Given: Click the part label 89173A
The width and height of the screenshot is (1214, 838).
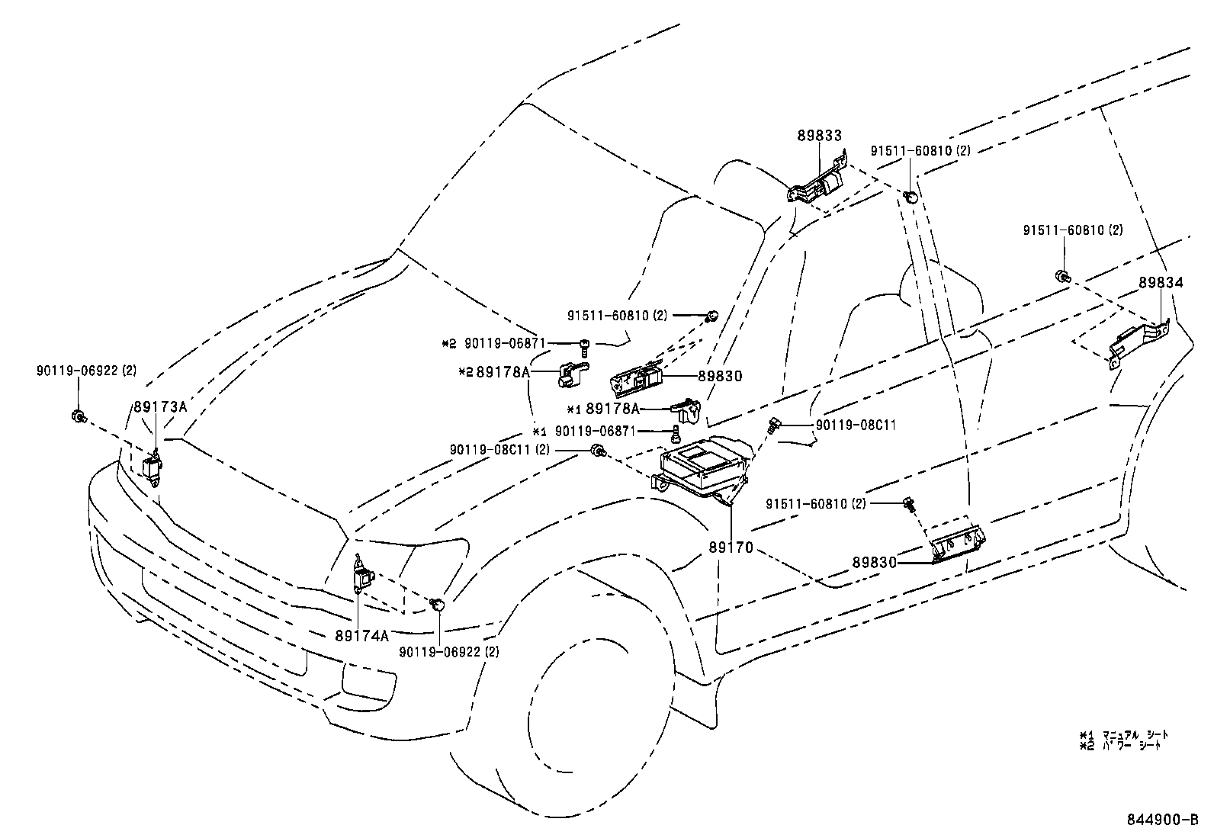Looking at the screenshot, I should click(160, 406).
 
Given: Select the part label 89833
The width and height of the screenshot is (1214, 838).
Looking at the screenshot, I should click(820, 136).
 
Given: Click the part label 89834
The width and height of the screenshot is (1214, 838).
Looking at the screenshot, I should click(1161, 283).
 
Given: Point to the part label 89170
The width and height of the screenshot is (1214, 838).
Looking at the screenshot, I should click(731, 547).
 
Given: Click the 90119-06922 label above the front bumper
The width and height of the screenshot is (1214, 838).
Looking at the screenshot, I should click(85, 371).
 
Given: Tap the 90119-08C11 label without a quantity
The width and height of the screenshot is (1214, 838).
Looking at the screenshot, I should click(856, 425).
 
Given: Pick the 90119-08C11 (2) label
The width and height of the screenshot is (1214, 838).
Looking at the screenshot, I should click(499, 450).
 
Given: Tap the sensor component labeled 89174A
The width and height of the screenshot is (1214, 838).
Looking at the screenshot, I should click(361, 574).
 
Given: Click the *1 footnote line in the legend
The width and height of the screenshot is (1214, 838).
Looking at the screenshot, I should click(1122, 734).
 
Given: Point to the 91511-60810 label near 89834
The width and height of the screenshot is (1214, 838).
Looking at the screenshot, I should click(1072, 230).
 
